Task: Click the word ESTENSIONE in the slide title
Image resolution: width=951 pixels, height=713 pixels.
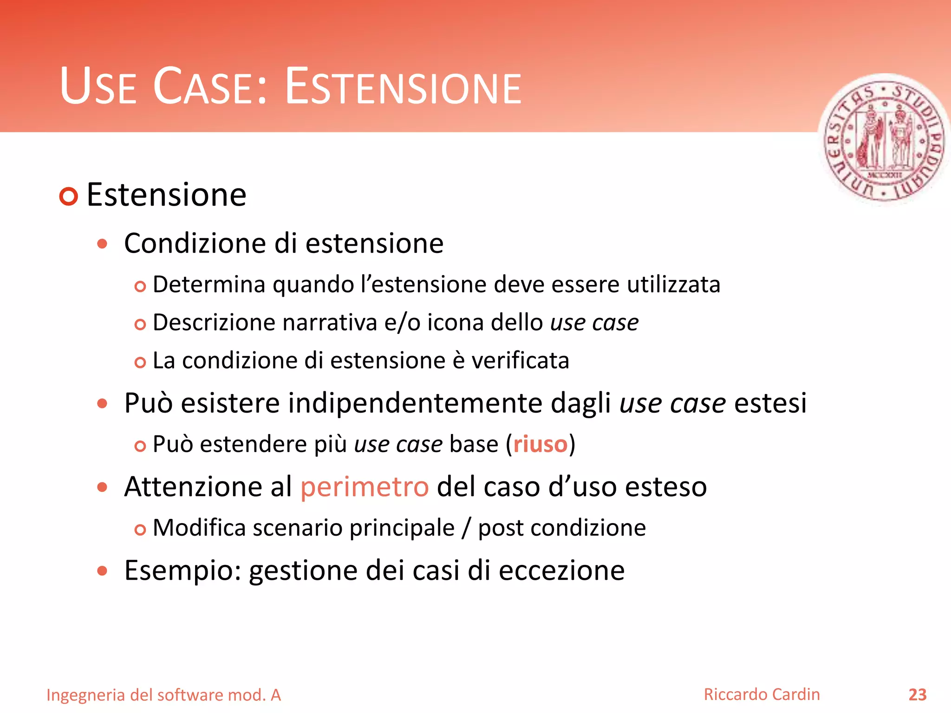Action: pyautogui.click(x=403, y=87)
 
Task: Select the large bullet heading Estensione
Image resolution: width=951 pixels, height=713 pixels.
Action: pyautogui.click(x=166, y=194)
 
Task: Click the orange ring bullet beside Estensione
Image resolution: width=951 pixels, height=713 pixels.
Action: pyautogui.click(x=69, y=196)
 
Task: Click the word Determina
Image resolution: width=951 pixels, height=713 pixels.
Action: pyautogui.click(x=209, y=284)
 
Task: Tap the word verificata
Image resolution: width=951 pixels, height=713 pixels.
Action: pyautogui.click(x=520, y=360)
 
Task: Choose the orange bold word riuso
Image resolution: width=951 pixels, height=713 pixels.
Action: pyautogui.click(x=540, y=444)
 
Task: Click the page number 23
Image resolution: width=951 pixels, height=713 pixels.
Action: pyautogui.click(x=917, y=695)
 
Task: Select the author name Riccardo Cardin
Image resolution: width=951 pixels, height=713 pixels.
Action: pyautogui.click(x=762, y=694)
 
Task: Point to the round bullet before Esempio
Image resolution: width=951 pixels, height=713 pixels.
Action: pyautogui.click(x=103, y=570)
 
